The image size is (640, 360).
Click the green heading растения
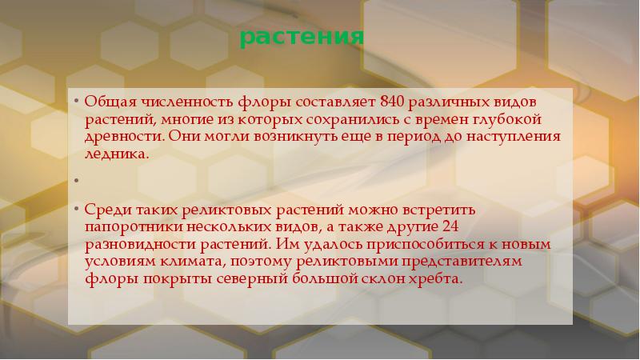coord(302,38)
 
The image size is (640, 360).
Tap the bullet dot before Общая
coord(76,102)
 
